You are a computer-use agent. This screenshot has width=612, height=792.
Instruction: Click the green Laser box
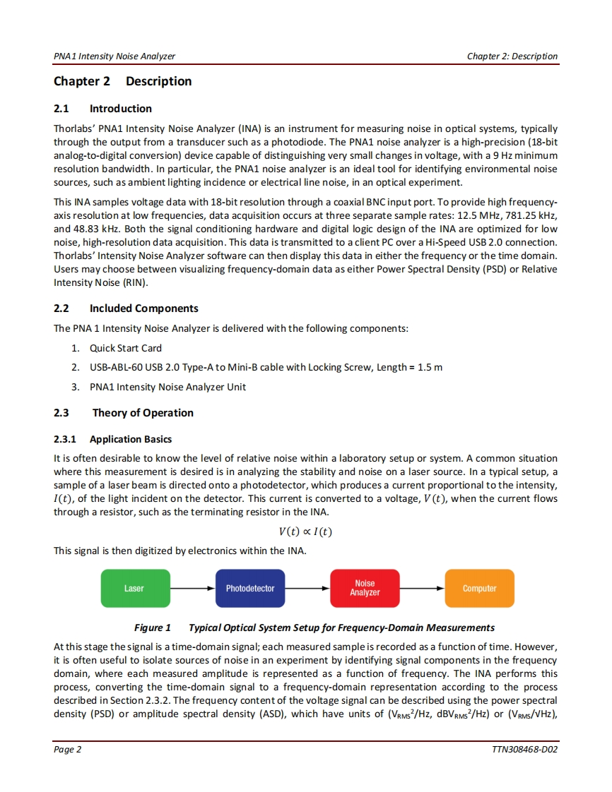(134, 588)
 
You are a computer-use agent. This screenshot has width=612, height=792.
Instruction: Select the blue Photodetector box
(250, 588)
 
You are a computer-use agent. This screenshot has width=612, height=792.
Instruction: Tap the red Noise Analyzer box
(365, 588)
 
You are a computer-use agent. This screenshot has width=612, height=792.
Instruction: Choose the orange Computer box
(479, 588)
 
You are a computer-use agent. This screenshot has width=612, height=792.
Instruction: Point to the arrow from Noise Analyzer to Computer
(422, 588)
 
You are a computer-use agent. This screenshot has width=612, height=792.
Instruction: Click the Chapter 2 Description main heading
(122, 81)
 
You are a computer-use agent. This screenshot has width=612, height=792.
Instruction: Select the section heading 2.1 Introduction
(102, 109)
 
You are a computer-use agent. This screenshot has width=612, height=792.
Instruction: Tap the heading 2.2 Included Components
(126, 308)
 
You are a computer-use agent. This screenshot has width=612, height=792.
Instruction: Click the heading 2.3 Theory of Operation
(124, 413)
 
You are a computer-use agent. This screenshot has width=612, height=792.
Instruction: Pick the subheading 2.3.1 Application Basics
(112, 439)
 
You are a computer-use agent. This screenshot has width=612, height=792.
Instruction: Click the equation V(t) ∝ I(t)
(305, 532)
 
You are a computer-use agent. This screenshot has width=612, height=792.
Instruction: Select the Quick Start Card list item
(125, 348)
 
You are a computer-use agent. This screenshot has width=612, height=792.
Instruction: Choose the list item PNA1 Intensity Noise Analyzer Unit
(167, 387)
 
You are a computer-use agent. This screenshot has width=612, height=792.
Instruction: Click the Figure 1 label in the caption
(153, 628)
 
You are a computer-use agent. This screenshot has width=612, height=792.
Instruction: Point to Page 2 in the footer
(68, 749)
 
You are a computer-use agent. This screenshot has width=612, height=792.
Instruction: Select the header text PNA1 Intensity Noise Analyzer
(114, 56)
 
